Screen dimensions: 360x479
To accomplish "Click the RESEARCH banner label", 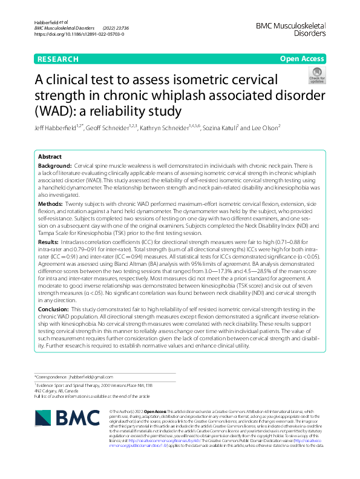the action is click(57, 59).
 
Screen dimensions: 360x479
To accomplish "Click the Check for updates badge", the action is click(316, 77).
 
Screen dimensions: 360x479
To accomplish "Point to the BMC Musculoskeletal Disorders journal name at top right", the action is click(291, 29).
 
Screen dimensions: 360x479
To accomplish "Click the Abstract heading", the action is click(50, 156).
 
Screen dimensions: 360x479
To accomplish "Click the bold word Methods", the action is click(50, 205).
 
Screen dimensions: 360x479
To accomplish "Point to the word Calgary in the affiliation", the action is click(54, 391).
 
